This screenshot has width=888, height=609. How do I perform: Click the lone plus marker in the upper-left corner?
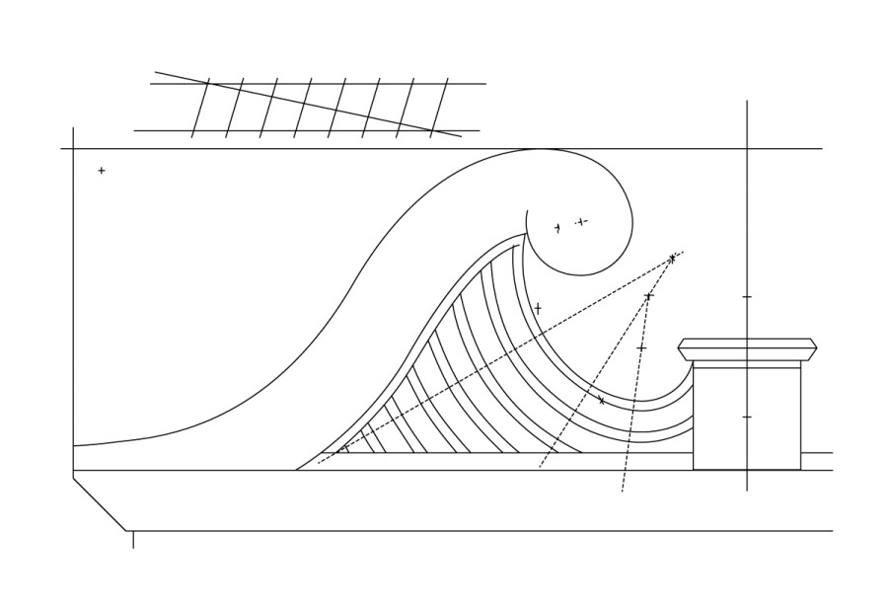tap(102, 171)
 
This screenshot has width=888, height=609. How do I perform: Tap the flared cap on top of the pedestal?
tap(747, 349)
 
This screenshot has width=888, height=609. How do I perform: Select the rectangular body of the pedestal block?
tap(746, 419)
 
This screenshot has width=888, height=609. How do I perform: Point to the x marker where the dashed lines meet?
tap(672, 259)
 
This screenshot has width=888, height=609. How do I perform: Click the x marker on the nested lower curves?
tap(601, 400)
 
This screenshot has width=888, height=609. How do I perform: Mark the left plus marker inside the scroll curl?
tap(557, 228)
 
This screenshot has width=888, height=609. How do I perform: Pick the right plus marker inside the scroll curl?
tap(581, 221)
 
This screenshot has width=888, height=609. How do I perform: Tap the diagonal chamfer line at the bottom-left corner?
tap(100, 504)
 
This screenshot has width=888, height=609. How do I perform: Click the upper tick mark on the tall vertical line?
tap(747, 296)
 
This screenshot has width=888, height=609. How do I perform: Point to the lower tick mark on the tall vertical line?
tap(747, 417)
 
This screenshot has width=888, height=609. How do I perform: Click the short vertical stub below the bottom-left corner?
tap(133, 540)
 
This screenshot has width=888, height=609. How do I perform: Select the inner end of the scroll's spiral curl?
tap(527, 211)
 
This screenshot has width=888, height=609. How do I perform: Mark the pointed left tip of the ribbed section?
tap(297, 470)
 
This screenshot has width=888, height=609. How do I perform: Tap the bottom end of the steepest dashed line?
tap(623, 491)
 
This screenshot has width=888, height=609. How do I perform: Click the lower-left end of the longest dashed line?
tap(319, 463)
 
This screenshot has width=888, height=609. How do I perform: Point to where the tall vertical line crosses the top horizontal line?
tap(747, 149)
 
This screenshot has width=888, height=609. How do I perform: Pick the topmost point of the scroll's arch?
tap(541, 149)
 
